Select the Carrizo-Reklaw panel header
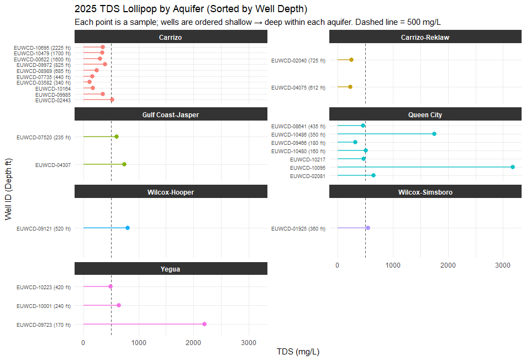pyautogui.click(x=425, y=37)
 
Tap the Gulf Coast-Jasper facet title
pyautogui.click(x=171, y=114)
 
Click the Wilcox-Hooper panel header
pyautogui.click(x=171, y=192)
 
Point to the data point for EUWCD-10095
pyautogui.click(x=513, y=167)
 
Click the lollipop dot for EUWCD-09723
pyautogui.click(x=204, y=324)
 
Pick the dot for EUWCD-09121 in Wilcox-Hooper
pyautogui.click(x=128, y=228)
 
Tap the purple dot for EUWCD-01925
pyautogui.click(x=368, y=228)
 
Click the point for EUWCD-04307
pyautogui.click(x=124, y=164)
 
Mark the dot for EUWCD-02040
pyautogui.click(x=351, y=60)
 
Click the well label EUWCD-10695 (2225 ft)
pyautogui.click(x=42, y=48)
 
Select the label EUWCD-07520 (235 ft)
pyautogui.click(x=44, y=137)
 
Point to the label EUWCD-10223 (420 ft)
pyautogui.click(x=44, y=287)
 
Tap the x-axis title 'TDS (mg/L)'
pyautogui.click(x=298, y=352)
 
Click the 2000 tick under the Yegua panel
pyautogui.click(x=193, y=342)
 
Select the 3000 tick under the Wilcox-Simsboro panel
pyautogui.click(x=503, y=265)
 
